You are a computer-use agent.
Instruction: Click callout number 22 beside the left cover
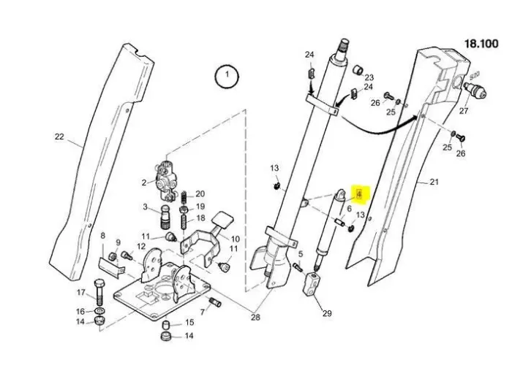click(x=59, y=136)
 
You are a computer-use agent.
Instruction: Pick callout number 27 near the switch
click(x=462, y=111)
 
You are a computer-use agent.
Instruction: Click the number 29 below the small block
click(x=327, y=313)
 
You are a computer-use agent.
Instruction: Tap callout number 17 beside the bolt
click(x=80, y=293)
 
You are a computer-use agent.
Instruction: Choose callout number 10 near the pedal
click(x=236, y=239)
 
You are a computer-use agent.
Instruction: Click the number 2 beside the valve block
click(x=145, y=182)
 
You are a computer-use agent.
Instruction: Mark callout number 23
click(x=369, y=77)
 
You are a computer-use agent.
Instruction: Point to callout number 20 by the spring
click(x=200, y=193)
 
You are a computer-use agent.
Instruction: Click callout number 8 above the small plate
click(x=102, y=236)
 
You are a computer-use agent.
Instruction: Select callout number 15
click(x=189, y=323)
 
